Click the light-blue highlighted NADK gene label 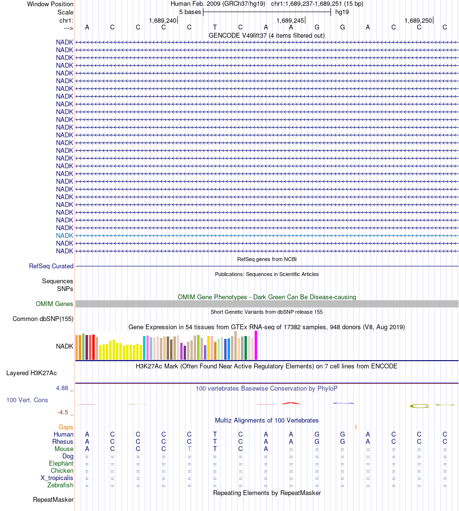[64, 235]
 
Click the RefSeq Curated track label [51, 266]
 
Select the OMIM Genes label [54, 304]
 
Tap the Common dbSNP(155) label [43, 319]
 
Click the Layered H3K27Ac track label [31, 373]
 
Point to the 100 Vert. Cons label [27, 400]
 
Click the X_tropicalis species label [57, 478]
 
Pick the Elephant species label [61, 463]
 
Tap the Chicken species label [62, 470]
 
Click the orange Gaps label [66, 427]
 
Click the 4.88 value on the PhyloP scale [63, 388]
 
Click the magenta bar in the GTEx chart [256, 345]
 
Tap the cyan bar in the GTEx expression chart [144, 348]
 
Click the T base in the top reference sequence [215, 27]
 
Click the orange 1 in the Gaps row [356, 427]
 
